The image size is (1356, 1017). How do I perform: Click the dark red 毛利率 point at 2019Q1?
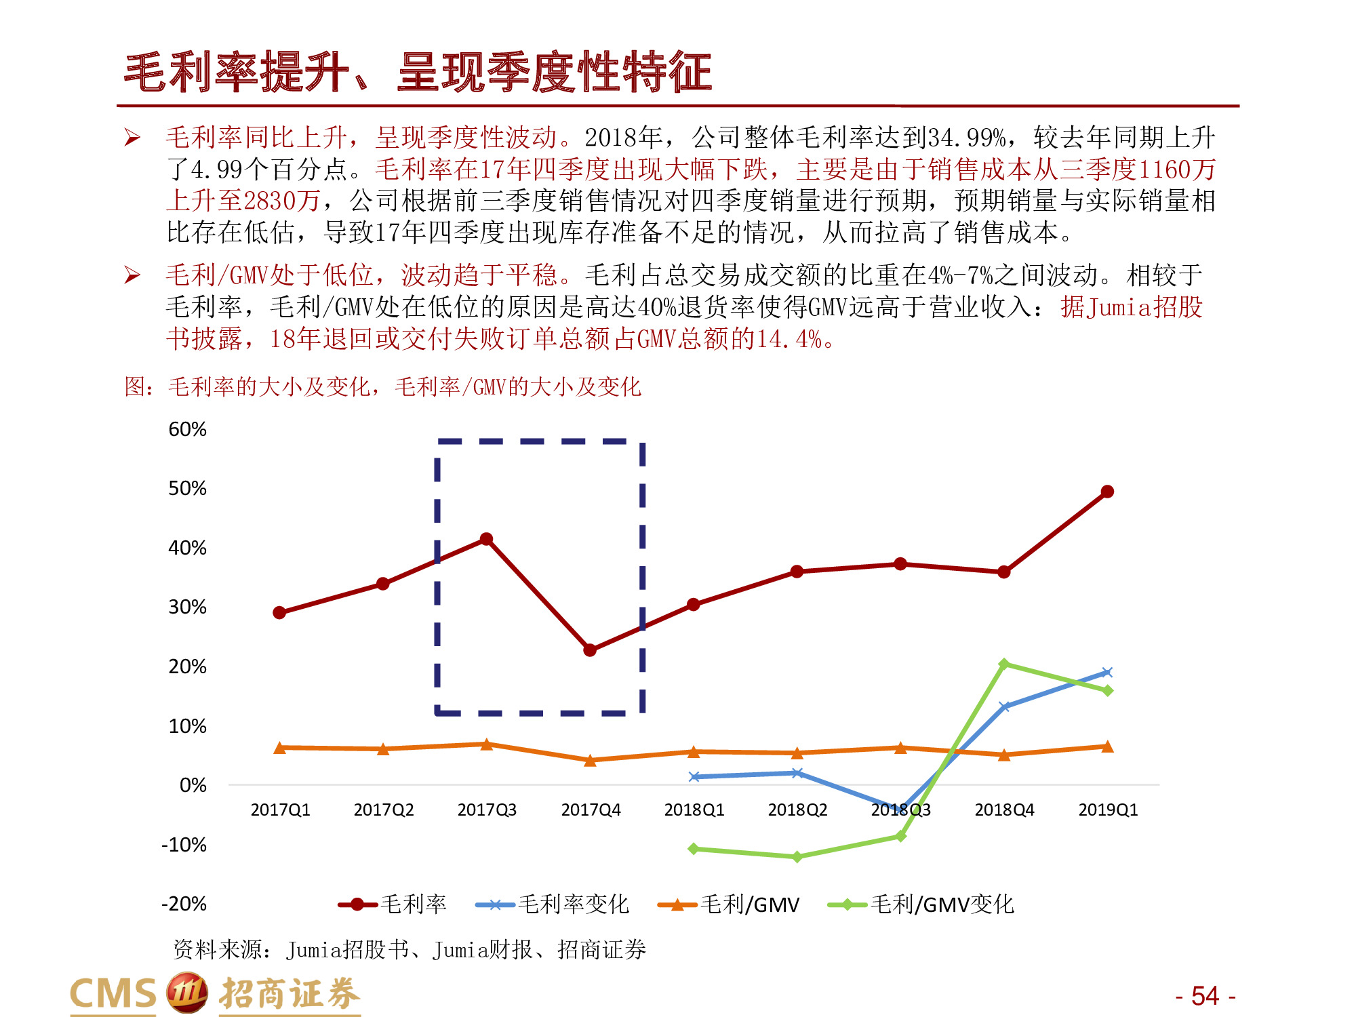point(1107,492)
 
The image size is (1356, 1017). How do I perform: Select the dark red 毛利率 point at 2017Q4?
point(590,650)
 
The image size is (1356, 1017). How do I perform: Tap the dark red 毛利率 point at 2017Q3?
point(486,539)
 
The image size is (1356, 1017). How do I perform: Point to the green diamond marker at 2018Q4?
point(1004,664)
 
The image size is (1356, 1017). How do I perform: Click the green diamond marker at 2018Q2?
point(797,857)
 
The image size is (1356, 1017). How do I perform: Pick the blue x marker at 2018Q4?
point(1004,706)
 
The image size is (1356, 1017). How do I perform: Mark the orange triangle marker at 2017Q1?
point(279,748)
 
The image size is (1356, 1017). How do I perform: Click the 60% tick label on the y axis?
point(187,429)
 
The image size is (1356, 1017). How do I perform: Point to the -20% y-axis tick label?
point(184,904)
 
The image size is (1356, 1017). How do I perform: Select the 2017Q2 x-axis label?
point(383,810)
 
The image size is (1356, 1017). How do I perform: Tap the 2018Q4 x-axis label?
point(1004,810)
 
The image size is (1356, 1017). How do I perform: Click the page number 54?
point(1205,995)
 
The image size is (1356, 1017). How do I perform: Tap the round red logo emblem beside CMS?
point(186,993)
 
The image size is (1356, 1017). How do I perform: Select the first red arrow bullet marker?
point(132,138)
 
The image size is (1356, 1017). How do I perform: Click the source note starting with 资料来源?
point(410,949)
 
